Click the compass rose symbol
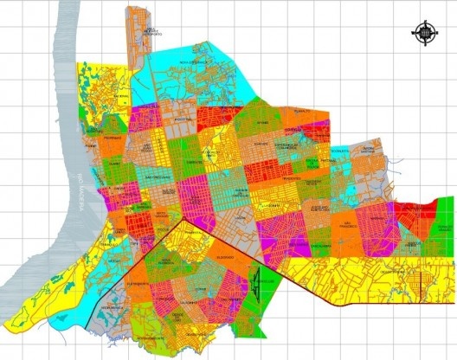point(425,34)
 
